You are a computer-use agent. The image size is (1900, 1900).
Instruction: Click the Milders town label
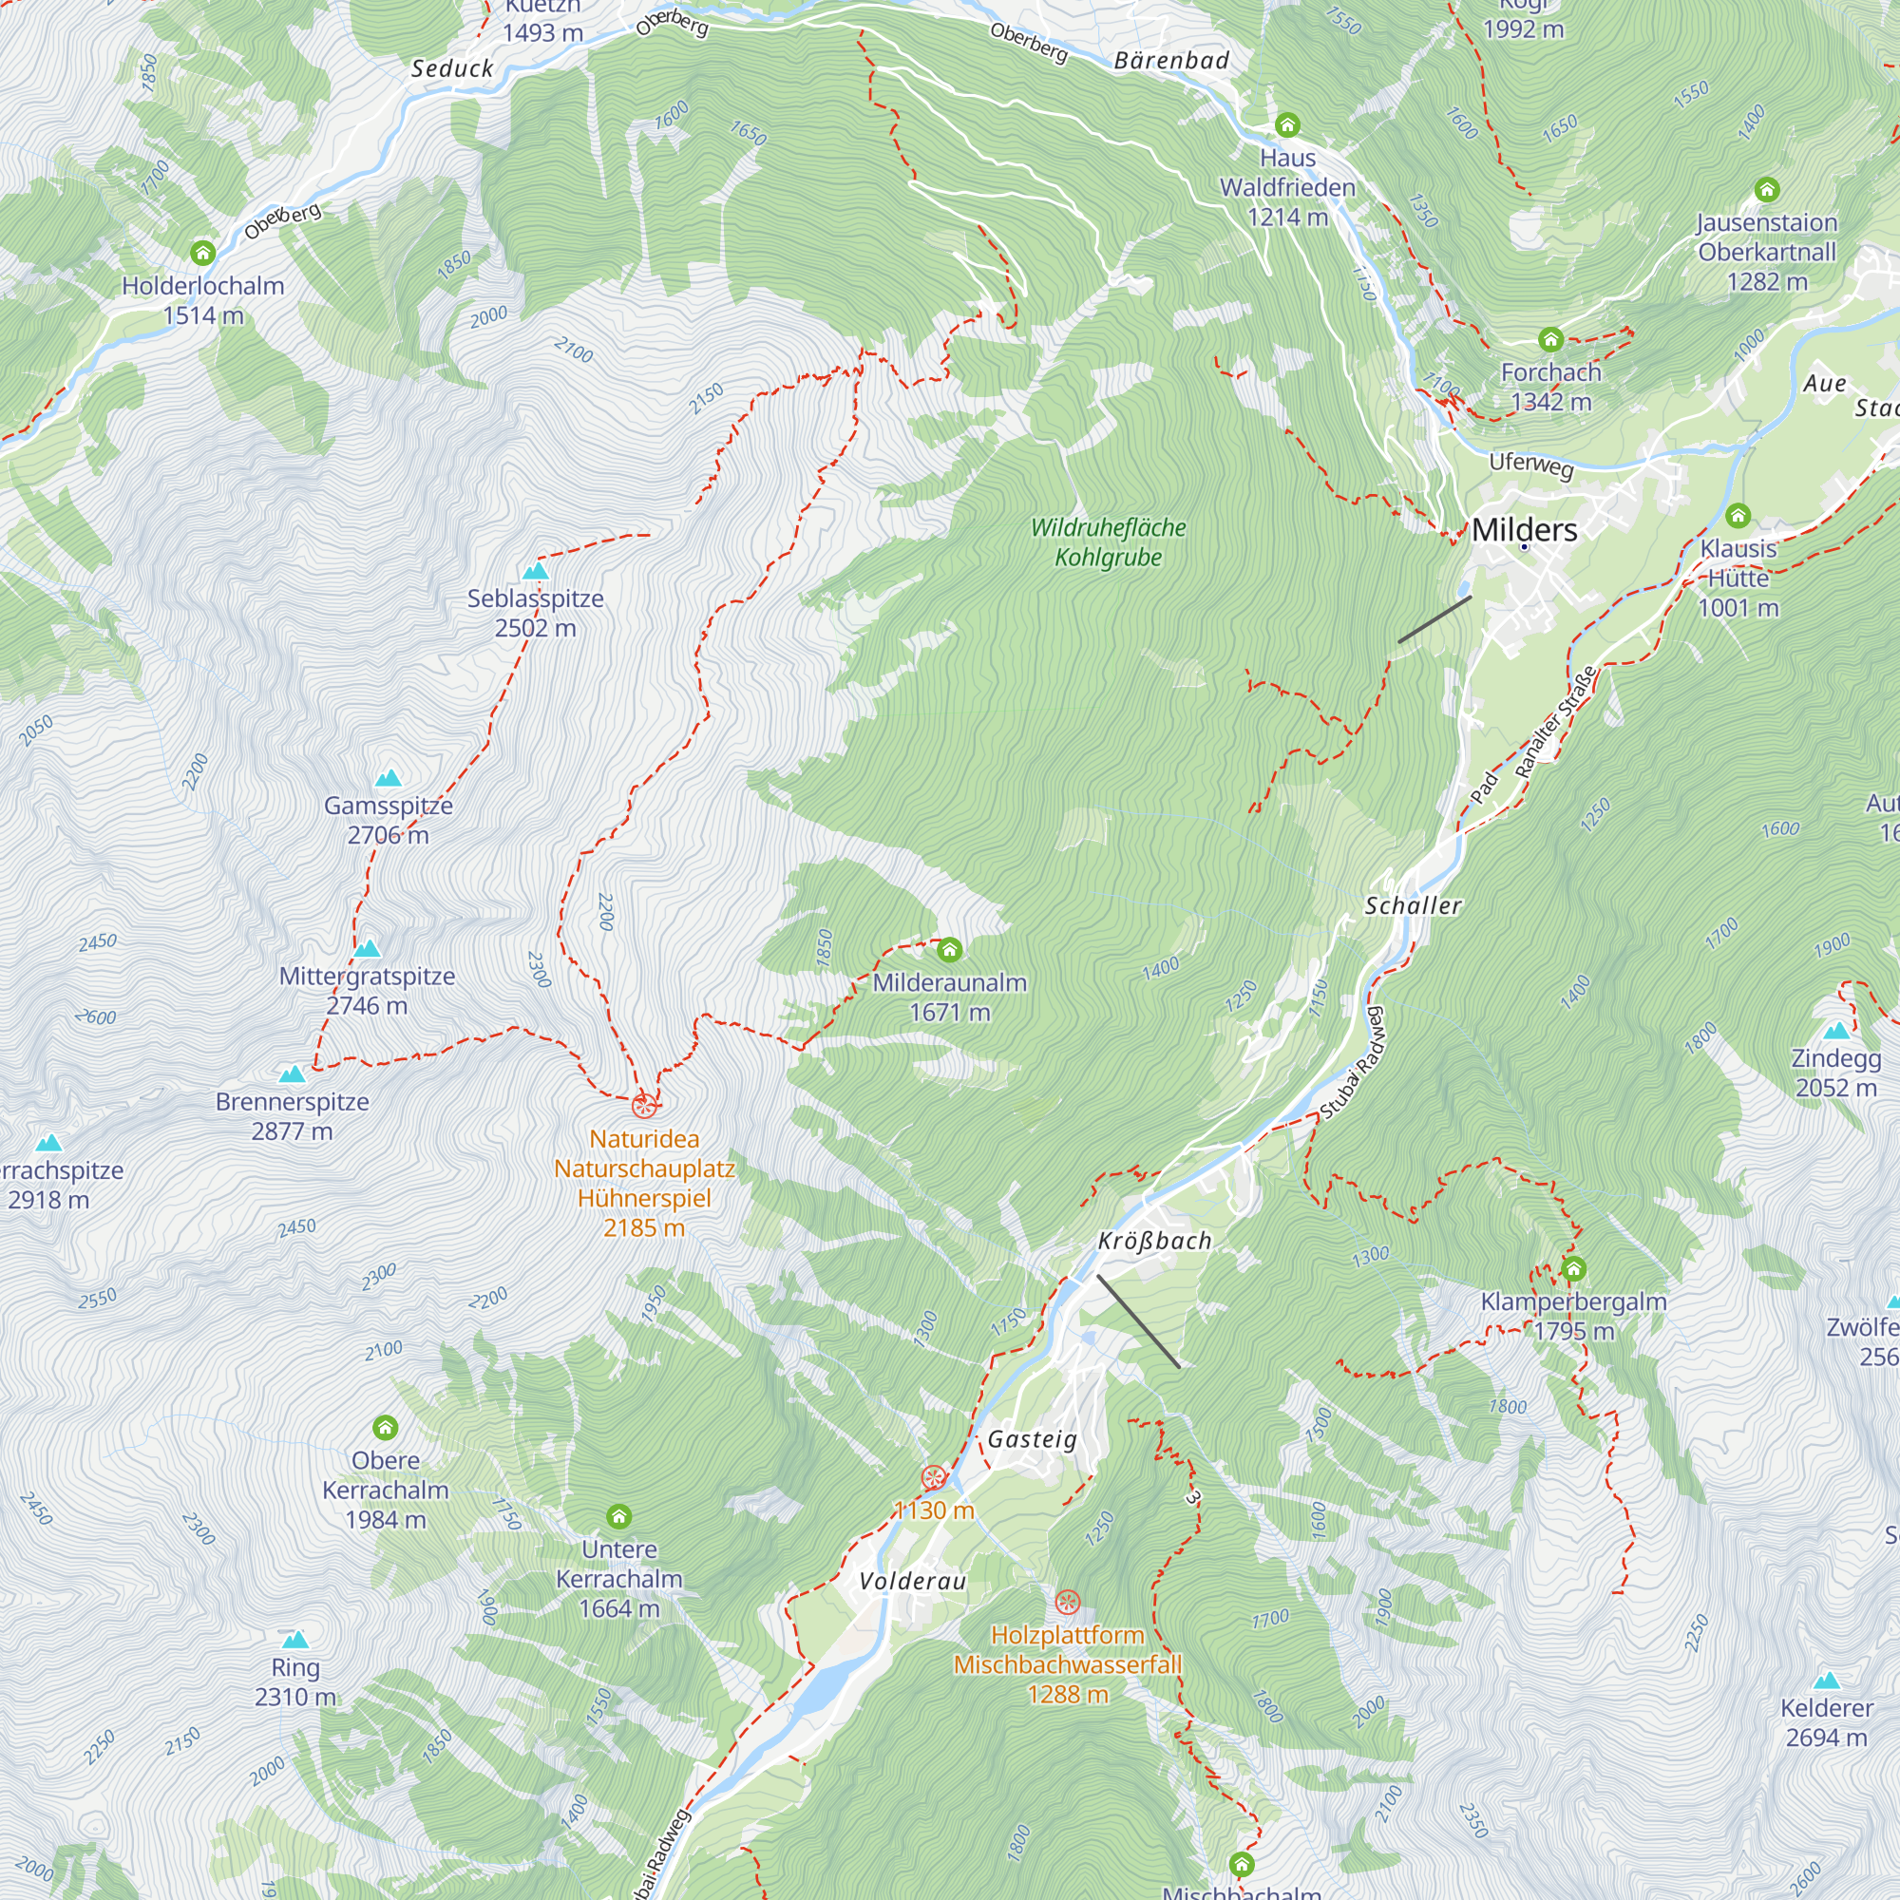tap(1524, 530)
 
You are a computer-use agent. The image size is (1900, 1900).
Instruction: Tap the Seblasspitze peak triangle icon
tap(535, 571)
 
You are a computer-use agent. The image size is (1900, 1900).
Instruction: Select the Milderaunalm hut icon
tap(949, 950)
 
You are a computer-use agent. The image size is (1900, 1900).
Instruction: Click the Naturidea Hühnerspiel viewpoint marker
tap(644, 1106)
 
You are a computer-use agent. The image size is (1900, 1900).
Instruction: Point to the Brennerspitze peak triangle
tap(292, 1073)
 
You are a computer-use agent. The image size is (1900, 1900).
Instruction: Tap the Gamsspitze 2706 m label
tap(389, 819)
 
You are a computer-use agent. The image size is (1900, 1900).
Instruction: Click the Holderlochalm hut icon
tap(202, 253)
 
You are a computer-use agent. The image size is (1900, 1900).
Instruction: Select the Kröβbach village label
tap(1154, 1241)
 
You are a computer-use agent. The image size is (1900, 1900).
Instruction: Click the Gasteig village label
tap(1033, 1440)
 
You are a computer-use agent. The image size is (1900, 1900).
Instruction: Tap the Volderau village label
tap(913, 1582)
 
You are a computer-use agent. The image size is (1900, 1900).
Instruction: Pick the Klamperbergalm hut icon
tap(1573, 1268)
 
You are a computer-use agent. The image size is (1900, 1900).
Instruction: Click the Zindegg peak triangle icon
tap(1836, 1031)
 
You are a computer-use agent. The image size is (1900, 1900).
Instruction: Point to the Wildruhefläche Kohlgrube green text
tap(1109, 542)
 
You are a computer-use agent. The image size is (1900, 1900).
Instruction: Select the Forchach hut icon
tap(1551, 340)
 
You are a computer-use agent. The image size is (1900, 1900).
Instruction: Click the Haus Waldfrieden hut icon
tap(1287, 124)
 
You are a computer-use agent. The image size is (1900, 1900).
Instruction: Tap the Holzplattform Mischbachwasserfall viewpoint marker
tap(1067, 1602)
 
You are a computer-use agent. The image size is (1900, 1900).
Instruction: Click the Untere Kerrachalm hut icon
tap(618, 1516)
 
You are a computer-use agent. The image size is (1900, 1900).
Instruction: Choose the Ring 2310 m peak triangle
tap(295, 1640)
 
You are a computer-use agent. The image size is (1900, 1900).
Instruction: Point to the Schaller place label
tap(1413, 905)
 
